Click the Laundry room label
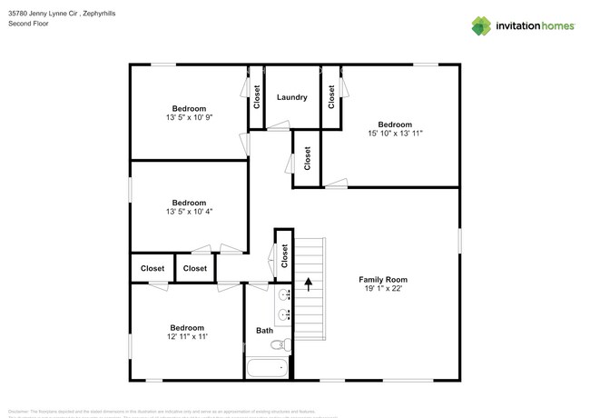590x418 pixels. tap(291, 97)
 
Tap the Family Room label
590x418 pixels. tap(383, 280)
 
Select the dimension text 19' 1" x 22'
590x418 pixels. tap(383, 290)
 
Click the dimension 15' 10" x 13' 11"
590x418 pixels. tap(395, 134)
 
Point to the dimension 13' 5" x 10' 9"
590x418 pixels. tap(188, 118)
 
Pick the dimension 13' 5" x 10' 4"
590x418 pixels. tap(188, 212)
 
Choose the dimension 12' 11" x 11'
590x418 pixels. tap(187, 337)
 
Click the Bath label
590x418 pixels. tap(263, 331)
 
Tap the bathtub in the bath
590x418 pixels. tap(267, 368)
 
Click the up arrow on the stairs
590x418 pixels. tap(308, 284)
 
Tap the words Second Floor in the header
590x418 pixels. tap(28, 24)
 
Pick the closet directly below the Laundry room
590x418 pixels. tap(308, 158)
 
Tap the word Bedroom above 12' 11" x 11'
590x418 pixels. tap(187, 327)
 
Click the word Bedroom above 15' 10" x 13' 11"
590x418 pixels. tap(395, 124)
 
